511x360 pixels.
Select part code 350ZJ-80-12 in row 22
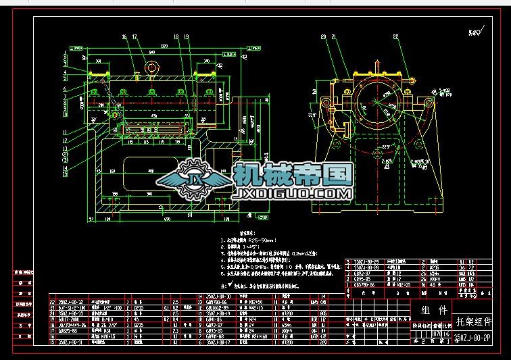click(x=72, y=302)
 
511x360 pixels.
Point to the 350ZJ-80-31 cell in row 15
click(x=72, y=342)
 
